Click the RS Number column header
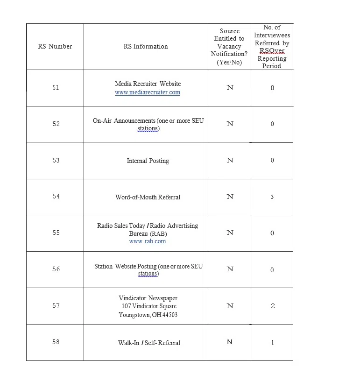click(55, 46)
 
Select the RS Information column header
click(146, 46)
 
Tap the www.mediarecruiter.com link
click(148, 92)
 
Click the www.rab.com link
click(148, 241)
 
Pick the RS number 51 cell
click(56, 87)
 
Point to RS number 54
click(56, 197)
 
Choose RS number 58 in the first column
click(56, 342)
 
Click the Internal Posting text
click(148, 161)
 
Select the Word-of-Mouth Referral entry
click(148, 197)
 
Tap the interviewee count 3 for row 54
click(272, 197)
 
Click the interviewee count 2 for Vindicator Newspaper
click(273, 306)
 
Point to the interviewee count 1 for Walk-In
click(272, 342)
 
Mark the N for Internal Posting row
click(230, 160)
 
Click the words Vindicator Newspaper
click(148, 298)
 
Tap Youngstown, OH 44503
click(148, 315)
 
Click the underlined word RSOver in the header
click(272, 50)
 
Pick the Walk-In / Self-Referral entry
click(149, 343)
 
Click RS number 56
click(56, 269)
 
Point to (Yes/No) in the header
click(229, 62)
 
